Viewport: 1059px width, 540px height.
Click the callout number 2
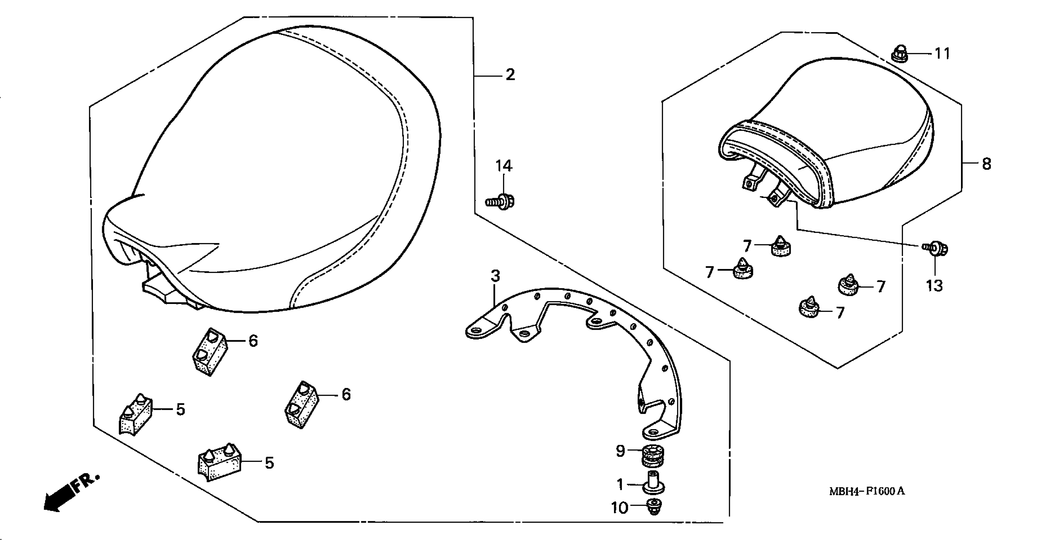pos(510,75)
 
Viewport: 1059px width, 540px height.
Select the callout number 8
pos(987,164)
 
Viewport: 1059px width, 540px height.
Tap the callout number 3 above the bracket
pos(495,276)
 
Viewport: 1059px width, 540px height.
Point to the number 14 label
pos(504,166)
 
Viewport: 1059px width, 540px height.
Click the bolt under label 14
pos(500,201)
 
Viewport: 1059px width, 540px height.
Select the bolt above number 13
pos(936,249)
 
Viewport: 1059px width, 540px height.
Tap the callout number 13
pos(934,285)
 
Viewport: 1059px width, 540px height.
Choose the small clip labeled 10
pos(653,507)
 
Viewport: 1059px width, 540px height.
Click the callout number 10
pos(619,508)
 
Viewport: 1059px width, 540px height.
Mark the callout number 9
pos(621,451)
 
